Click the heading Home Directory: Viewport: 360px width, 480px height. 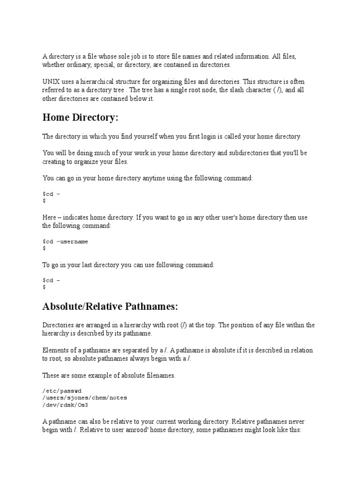pyautogui.click(x=79, y=118)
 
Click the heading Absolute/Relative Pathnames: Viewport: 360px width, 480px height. pyautogui.click(x=110, y=307)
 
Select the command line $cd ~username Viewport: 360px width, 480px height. pyautogui.click(x=65, y=241)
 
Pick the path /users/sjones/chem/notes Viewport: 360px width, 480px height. pyautogui.click(x=84, y=397)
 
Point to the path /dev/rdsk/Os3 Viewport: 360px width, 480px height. pyautogui.click(x=65, y=405)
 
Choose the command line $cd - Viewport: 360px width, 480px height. pyautogui.click(x=52, y=280)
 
